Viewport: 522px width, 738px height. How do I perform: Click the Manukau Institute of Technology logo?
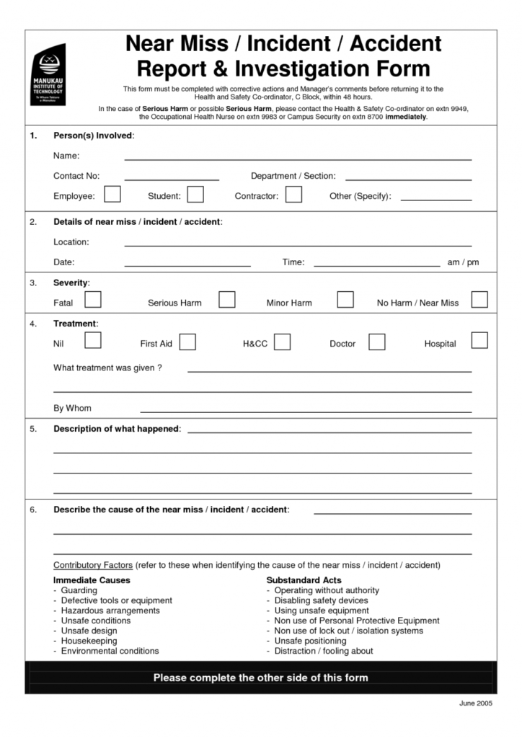click(48, 74)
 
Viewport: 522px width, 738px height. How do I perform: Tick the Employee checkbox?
click(112, 195)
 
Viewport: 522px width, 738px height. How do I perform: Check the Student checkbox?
click(195, 195)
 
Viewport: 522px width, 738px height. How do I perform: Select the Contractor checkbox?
click(293, 195)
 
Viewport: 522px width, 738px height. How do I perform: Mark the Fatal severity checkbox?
click(92, 300)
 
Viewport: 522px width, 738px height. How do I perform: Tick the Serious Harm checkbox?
click(227, 300)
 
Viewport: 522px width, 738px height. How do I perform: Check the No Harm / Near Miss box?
click(479, 300)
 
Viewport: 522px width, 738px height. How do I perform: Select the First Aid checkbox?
click(187, 342)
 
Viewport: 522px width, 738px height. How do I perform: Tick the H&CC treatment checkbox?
click(282, 342)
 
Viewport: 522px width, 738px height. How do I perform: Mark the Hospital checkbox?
click(479, 340)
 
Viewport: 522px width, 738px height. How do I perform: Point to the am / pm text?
click(463, 262)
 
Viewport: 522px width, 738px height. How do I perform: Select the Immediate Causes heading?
click(92, 580)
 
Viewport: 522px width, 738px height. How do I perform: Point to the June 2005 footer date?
click(475, 703)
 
